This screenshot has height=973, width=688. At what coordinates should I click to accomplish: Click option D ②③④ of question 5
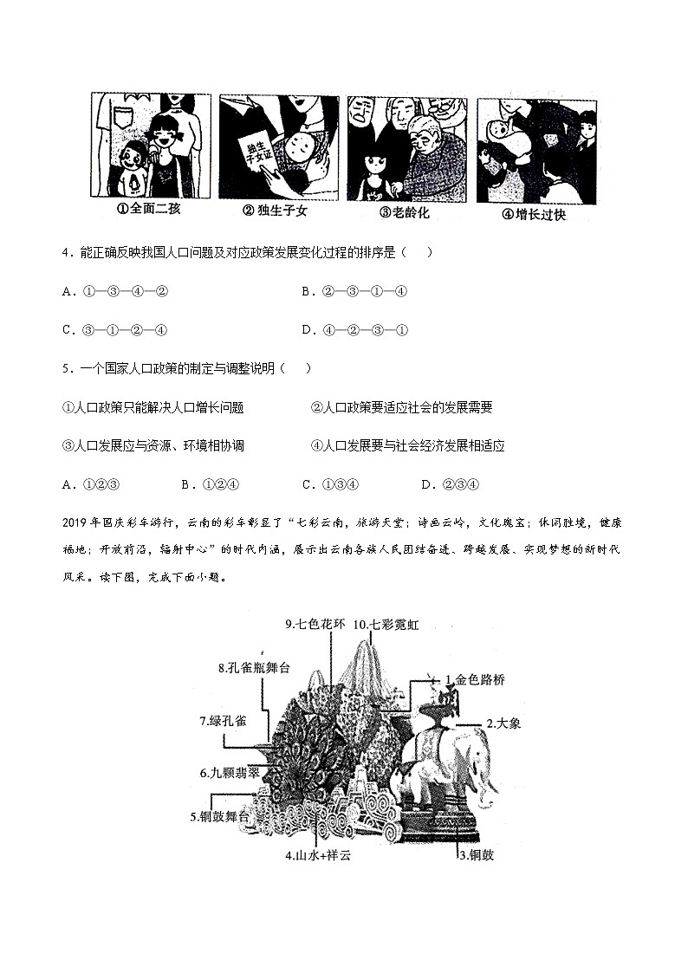(450, 484)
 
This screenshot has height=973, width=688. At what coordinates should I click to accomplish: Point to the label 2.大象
(503, 723)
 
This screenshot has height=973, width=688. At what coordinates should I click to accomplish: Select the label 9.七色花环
(315, 624)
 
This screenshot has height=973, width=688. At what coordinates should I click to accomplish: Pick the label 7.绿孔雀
(224, 720)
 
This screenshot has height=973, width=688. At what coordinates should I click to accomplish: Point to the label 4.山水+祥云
(319, 856)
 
